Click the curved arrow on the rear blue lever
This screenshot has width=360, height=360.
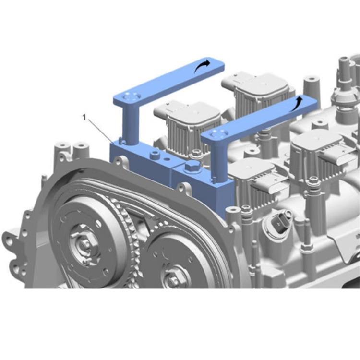202,67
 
